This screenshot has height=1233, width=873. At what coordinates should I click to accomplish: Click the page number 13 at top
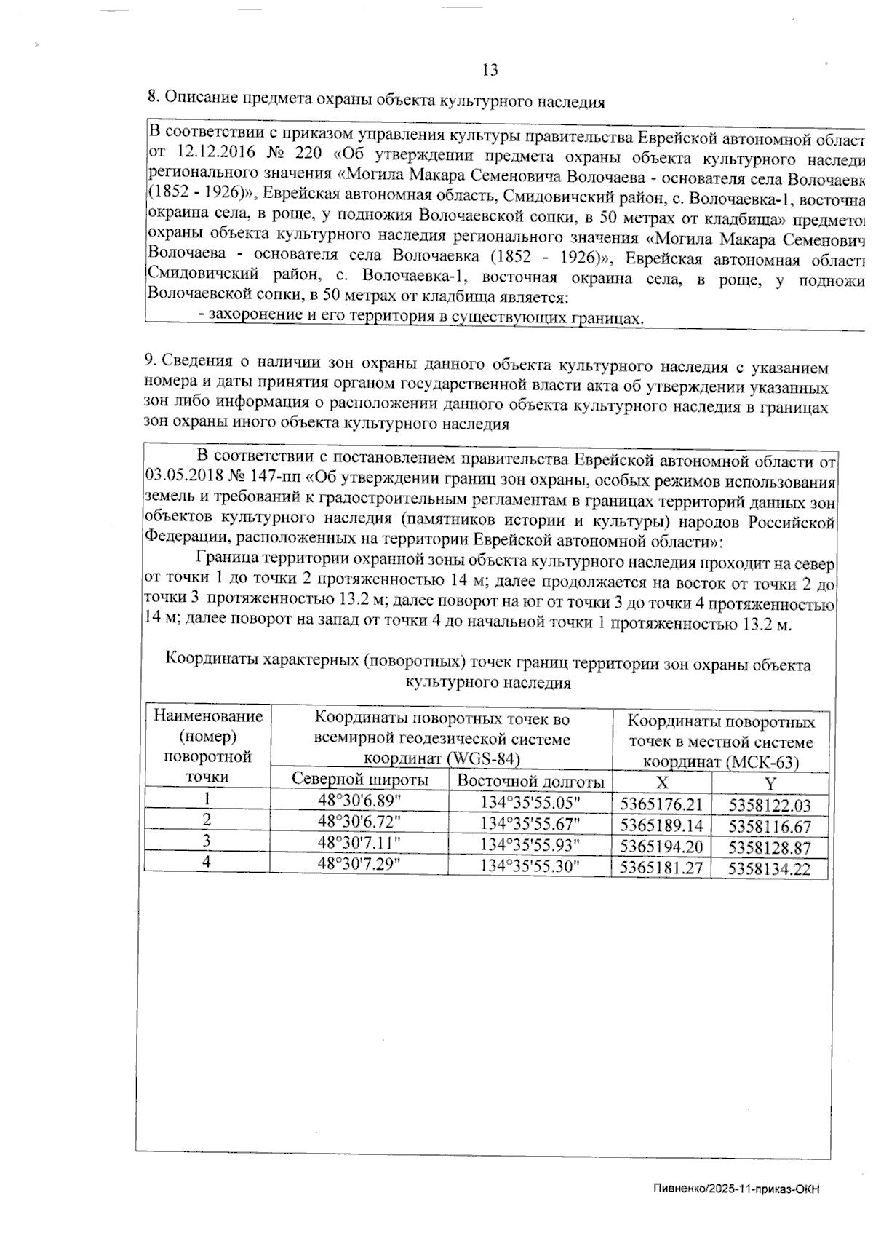[x=490, y=70]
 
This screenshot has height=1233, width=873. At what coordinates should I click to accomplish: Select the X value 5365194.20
[x=661, y=847]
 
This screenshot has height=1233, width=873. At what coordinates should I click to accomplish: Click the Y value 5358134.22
[x=769, y=868]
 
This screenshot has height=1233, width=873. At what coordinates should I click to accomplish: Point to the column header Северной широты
[x=359, y=780]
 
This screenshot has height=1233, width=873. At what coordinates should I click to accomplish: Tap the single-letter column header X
[x=661, y=782]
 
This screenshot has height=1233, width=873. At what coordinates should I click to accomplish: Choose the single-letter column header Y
[x=770, y=784]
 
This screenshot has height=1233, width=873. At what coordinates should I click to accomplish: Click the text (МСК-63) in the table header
[x=762, y=762]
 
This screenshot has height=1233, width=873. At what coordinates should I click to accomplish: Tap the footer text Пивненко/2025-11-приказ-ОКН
[x=736, y=1189]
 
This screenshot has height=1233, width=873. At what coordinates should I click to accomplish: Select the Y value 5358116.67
[x=769, y=826]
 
